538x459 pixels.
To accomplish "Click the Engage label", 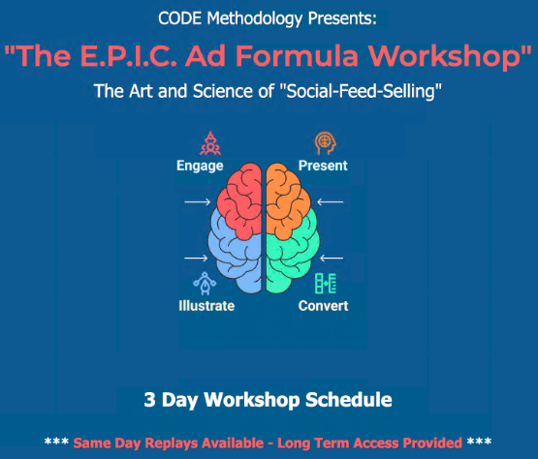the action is click(x=200, y=166).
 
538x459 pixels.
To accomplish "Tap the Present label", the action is click(x=323, y=166).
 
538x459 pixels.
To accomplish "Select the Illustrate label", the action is click(x=206, y=305).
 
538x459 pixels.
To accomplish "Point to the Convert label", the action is click(x=323, y=305).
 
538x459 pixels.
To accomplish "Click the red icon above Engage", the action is click(x=210, y=143).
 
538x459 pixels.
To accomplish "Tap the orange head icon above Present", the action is click(x=325, y=143).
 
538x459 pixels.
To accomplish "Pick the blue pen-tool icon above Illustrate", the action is click(x=205, y=284).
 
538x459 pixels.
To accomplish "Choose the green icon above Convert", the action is click(x=326, y=283).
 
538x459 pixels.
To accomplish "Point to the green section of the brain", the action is click(x=292, y=257).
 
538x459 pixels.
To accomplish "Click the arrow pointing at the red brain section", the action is click(x=198, y=202).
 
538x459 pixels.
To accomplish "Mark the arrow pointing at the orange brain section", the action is click(x=331, y=202).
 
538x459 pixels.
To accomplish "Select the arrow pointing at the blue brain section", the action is click(x=196, y=258).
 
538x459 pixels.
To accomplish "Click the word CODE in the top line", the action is click(x=179, y=18).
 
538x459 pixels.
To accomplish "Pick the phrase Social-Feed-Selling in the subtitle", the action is click(x=361, y=91).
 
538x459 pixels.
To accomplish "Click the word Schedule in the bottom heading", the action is click(x=349, y=400).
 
